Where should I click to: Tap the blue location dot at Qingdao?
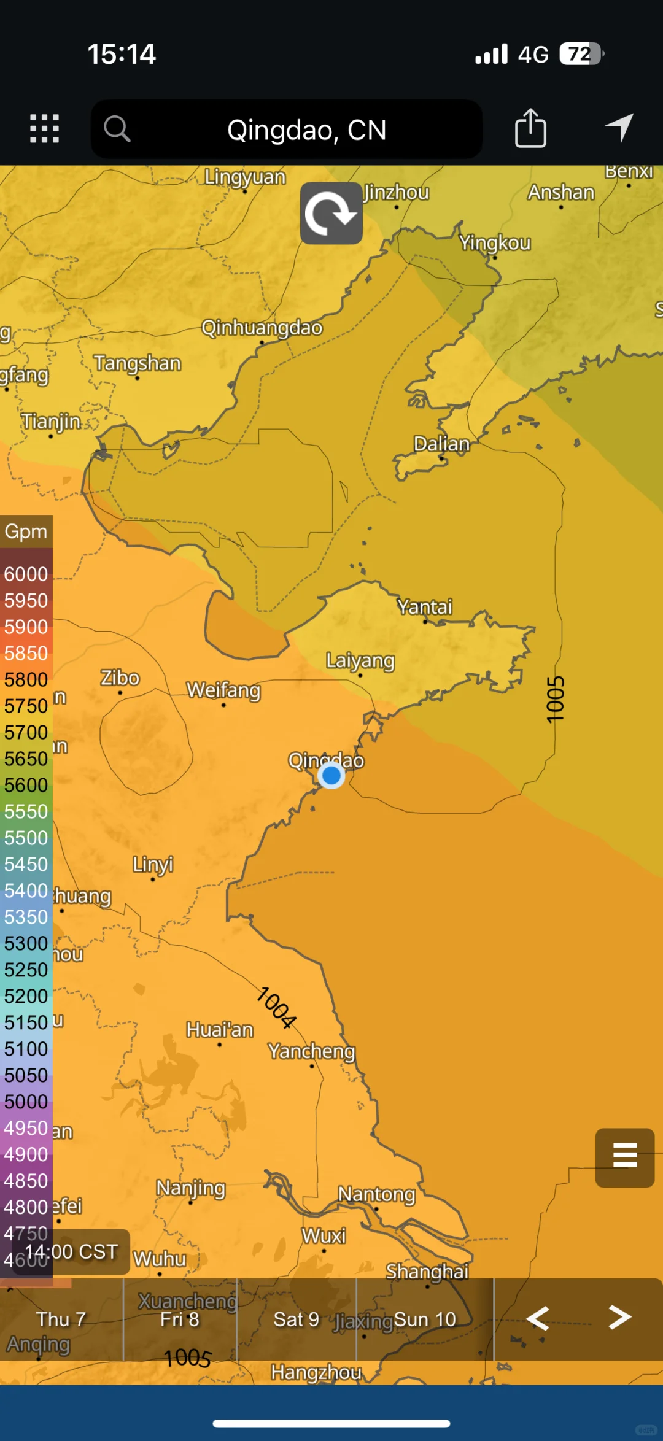pos(331,776)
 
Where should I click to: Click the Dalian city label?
pos(441,443)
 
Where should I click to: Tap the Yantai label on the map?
pos(424,606)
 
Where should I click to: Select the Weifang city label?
pos(223,690)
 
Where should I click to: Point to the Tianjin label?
pos(51,422)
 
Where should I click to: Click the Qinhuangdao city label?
pos(262,328)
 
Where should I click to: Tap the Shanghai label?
pos(427,1272)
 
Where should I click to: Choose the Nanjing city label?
pos(191,1188)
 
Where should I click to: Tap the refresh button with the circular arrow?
pos(331,214)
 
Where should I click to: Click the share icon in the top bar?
pos(530,128)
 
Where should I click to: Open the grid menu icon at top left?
pos(45,129)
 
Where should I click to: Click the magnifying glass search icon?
pos(117,129)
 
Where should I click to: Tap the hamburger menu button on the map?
pos(625,1157)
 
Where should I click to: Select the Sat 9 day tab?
pos(297,1319)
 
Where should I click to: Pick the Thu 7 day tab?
pos(61,1319)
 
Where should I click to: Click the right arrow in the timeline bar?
pos(619,1317)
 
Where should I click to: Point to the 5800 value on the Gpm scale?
pos(26,679)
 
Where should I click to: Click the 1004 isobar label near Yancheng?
pos(276,1007)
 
